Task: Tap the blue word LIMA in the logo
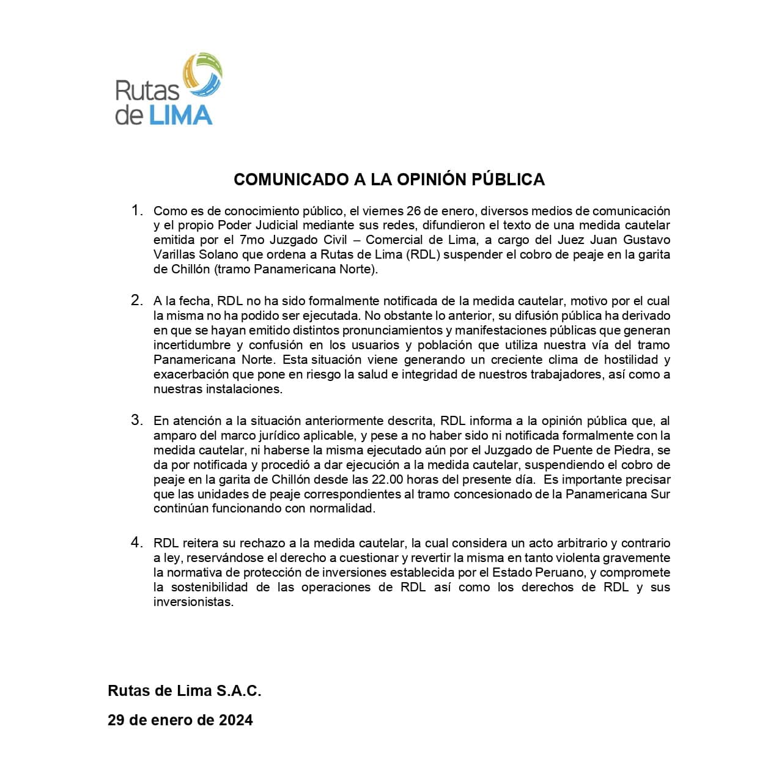180,116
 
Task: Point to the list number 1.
137,211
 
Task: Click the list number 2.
137,301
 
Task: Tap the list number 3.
137,421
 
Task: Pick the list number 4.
137,543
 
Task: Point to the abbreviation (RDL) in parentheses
422,255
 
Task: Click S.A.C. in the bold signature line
238,691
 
